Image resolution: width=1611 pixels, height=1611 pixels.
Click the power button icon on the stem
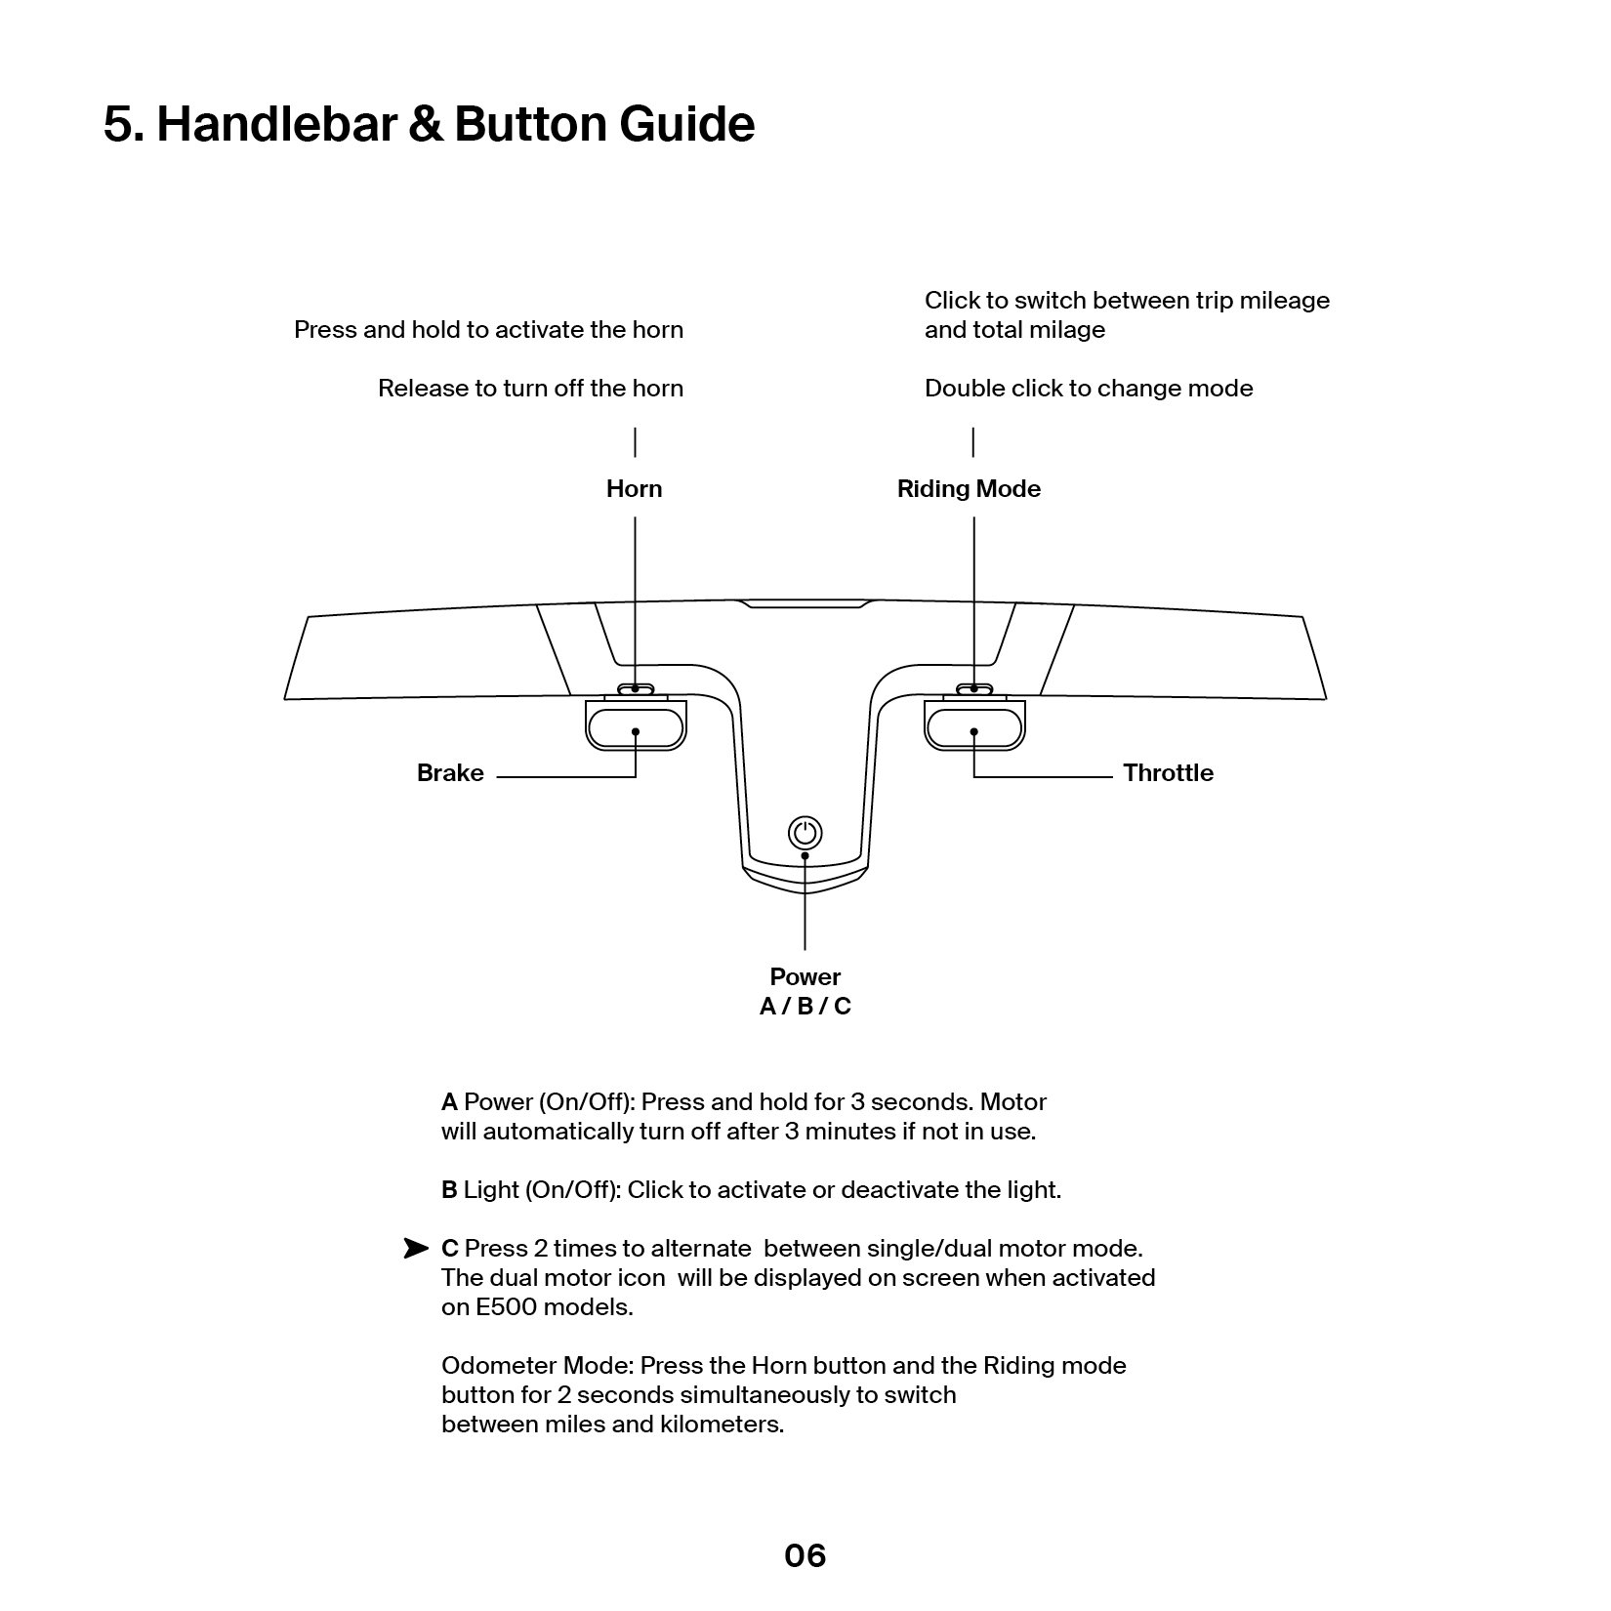pos(805,833)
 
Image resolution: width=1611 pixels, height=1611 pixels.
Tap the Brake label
pos(450,773)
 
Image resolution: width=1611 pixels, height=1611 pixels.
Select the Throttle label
pos(1168,773)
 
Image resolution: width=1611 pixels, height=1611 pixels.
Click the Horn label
pos(634,489)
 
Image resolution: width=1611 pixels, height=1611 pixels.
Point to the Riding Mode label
pos(969,489)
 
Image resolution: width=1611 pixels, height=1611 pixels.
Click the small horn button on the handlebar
pos(636,688)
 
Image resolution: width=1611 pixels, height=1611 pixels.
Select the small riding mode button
pos(973,688)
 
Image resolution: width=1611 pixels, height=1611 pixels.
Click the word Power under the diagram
pos(805,977)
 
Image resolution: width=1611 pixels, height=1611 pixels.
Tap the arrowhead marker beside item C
pos(416,1249)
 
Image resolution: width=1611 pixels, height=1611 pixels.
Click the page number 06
pos(805,1555)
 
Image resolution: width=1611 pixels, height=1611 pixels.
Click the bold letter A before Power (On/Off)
pos(449,1102)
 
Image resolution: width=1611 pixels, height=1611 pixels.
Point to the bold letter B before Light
pos(449,1190)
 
